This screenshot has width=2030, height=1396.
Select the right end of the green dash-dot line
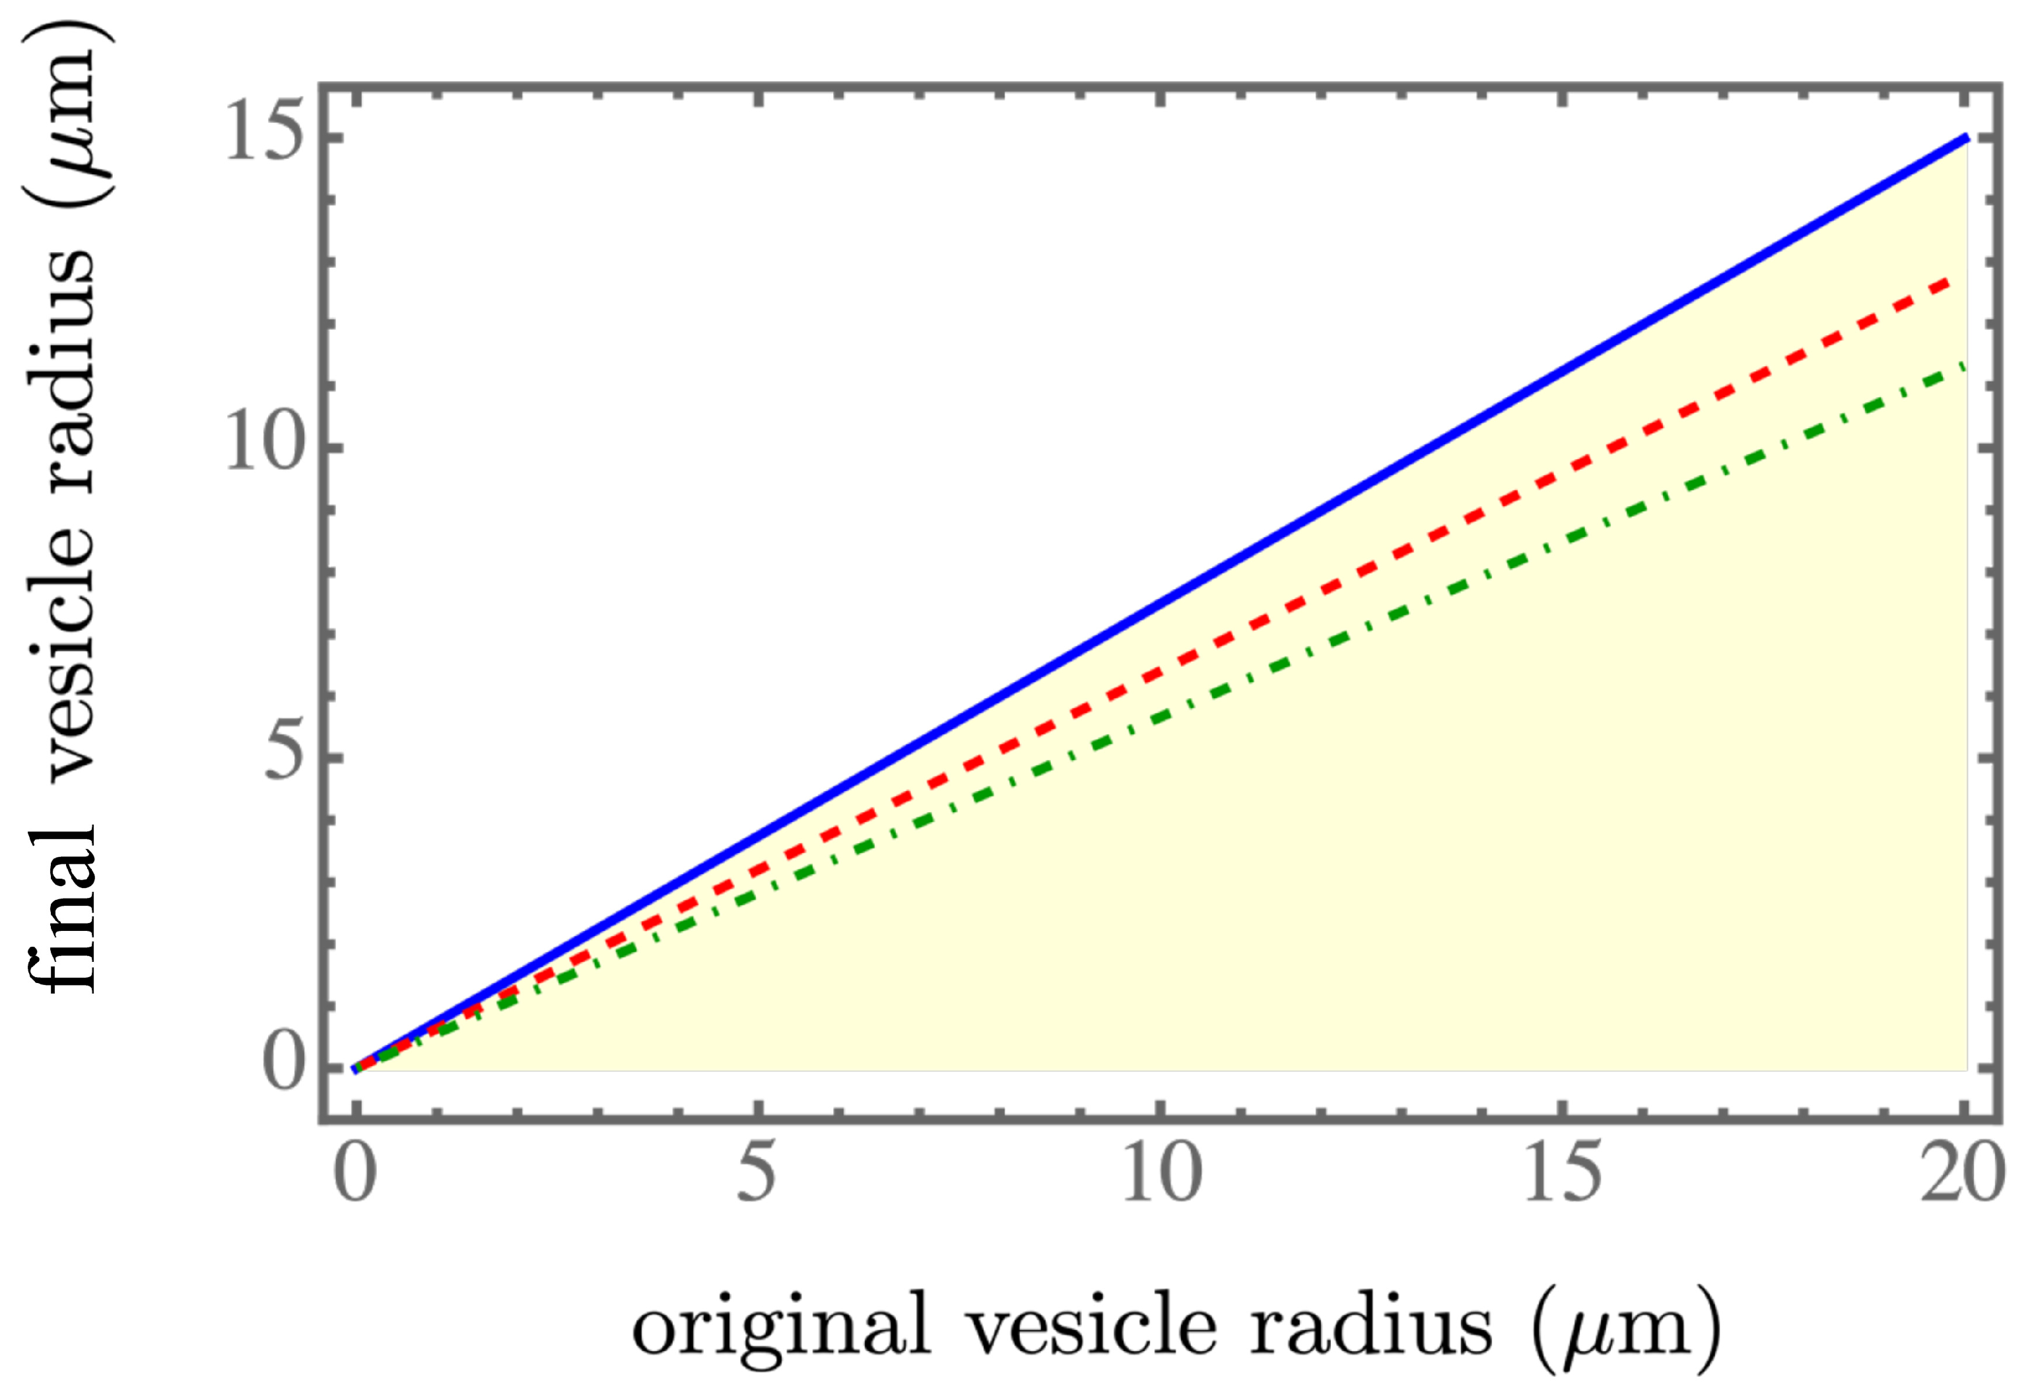tap(1965, 365)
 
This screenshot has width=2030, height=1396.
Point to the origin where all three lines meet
tap(355, 1068)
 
